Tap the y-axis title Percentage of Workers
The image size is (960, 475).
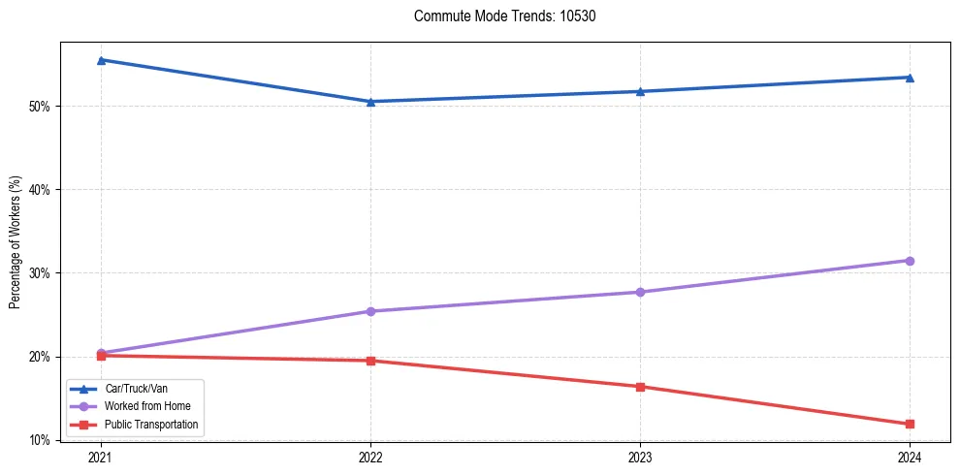(x=16, y=242)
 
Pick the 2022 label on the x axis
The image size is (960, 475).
(x=370, y=456)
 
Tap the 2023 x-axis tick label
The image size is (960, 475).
(x=640, y=456)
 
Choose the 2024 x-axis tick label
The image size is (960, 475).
(x=910, y=456)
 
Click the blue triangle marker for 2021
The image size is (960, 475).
(x=101, y=60)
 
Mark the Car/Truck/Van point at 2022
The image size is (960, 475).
(x=370, y=102)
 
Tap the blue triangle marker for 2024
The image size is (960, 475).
(x=910, y=78)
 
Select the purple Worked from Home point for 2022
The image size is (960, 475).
(x=370, y=311)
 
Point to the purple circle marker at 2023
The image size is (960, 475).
(x=640, y=292)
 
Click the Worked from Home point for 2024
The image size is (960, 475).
(x=910, y=261)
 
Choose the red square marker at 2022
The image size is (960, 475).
(x=370, y=361)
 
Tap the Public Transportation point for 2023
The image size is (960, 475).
(x=640, y=387)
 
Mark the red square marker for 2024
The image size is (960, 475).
(x=910, y=424)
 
